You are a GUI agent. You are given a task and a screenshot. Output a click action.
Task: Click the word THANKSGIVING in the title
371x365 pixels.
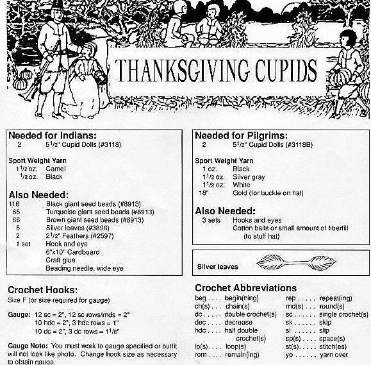click(186, 69)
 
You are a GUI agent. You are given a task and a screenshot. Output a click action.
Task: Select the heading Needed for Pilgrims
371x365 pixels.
click(241, 135)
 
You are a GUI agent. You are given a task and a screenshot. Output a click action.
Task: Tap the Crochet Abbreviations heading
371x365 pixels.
click(245, 288)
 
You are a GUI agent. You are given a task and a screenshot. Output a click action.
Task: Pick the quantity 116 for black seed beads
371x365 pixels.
click(15, 203)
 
